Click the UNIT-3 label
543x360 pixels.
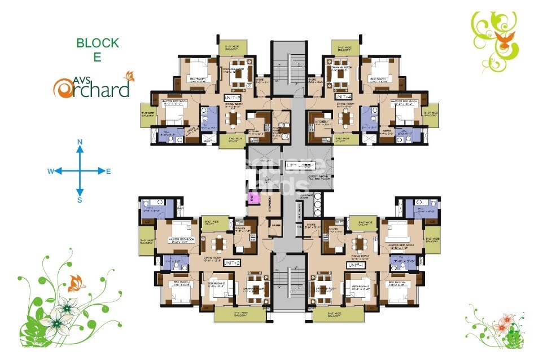tap(232, 96)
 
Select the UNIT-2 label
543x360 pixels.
tap(232, 264)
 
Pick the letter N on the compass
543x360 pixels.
tap(80, 142)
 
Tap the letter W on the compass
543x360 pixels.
tap(50, 171)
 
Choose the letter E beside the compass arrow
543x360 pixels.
tap(108, 171)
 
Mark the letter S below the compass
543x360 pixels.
tap(80, 199)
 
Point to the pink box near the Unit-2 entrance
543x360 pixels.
tap(253, 197)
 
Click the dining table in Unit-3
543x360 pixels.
tap(232, 118)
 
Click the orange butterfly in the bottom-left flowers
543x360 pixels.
tap(74, 282)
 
